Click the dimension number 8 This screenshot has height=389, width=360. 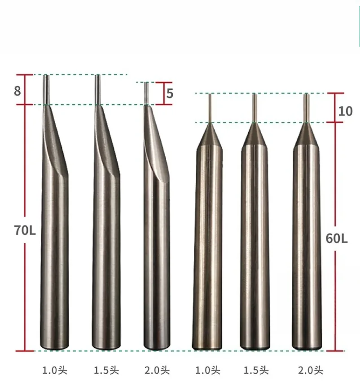click(18, 91)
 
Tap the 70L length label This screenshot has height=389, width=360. click(25, 230)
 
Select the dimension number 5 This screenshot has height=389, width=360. click(170, 93)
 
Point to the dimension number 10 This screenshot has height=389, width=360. click(345, 111)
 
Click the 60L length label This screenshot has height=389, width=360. click(337, 239)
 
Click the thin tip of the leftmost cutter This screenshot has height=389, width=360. click(46, 89)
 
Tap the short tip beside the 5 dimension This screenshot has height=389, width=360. click(146, 93)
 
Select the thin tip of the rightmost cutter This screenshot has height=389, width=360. click(307, 108)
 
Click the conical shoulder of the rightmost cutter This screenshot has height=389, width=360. click(307, 135)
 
